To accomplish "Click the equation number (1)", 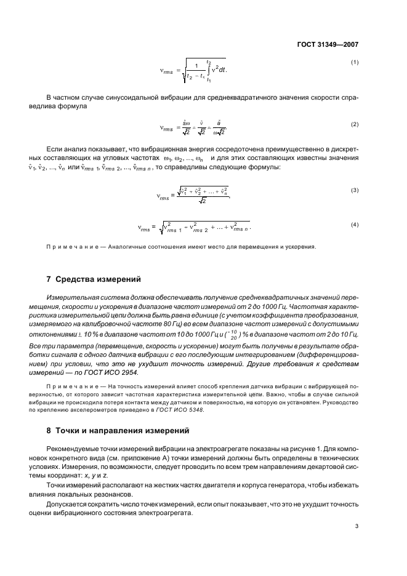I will pyautogui.click(x=355, y=62).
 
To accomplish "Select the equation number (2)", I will pyautogui.click(x=355, y=124).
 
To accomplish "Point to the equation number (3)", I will pyautogui.click(x=355, y=190).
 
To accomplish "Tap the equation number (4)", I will pyautogui.click(x=355, y=224).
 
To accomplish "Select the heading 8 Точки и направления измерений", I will pyautogui.click(x=111, y=429).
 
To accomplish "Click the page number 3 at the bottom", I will pyautogui.click(x=356, y=526).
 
